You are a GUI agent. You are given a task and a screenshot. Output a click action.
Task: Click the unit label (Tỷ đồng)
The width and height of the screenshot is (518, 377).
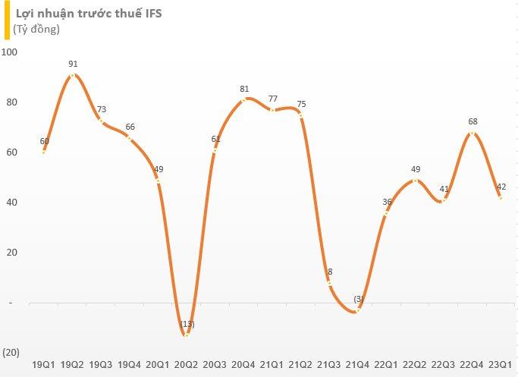pos(36,30)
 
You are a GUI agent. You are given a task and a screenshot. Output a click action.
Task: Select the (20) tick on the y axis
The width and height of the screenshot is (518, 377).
pos(11,353)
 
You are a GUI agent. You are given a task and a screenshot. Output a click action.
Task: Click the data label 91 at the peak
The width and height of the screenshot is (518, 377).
pos(73,64)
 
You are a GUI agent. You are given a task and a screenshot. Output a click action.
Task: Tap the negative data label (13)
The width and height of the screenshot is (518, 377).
pos(187,325)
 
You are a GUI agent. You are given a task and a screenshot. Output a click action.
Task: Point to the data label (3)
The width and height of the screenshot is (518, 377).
pos(359,299)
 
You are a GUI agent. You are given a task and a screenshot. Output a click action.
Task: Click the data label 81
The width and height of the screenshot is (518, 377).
pos(244,89)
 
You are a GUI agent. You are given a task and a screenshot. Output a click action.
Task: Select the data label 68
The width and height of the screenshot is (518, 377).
pos(472,121)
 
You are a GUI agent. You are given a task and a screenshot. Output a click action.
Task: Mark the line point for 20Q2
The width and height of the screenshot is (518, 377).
pos(187,335)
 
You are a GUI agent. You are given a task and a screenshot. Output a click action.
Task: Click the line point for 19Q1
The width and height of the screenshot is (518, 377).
pos(45,152)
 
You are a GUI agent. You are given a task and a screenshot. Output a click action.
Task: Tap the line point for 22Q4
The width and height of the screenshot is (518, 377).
pos(472,133)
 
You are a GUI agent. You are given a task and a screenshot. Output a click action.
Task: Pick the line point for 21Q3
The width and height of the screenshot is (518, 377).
pos(330,283)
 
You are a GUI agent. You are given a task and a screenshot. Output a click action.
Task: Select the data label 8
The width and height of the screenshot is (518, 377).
pos(330,272)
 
